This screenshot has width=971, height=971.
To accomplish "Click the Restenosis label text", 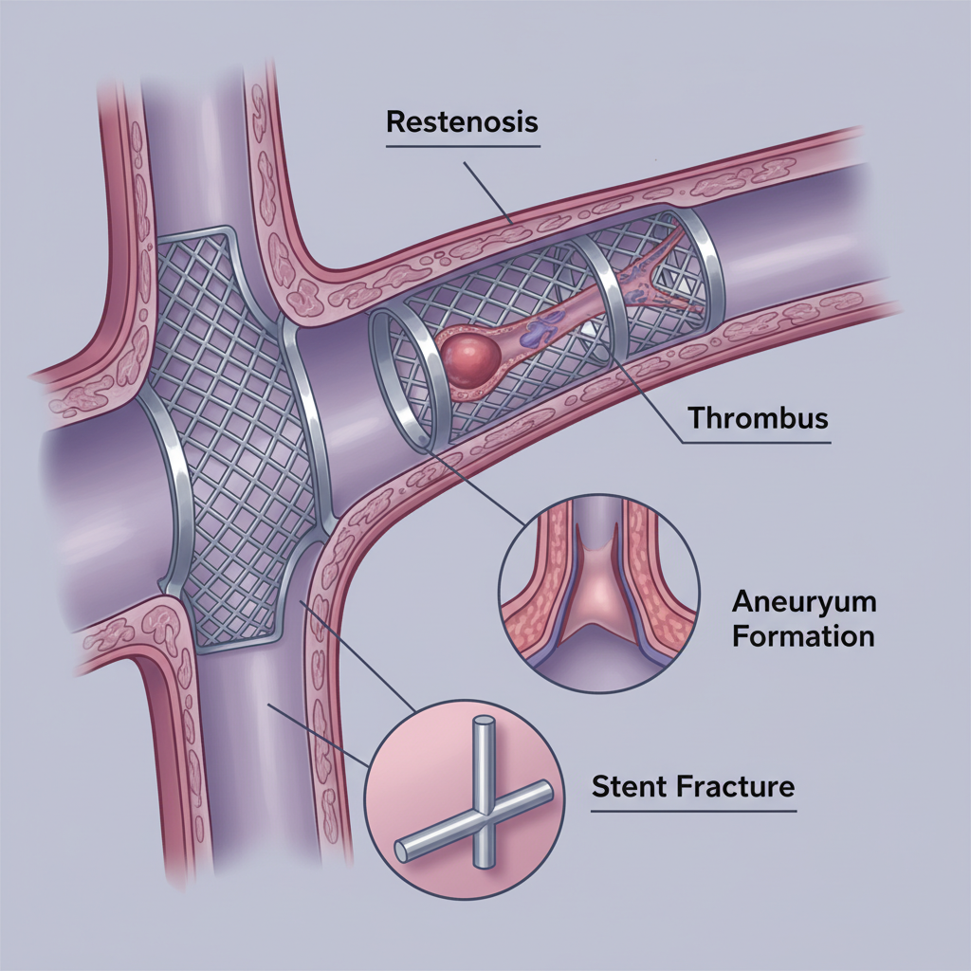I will point(462,122).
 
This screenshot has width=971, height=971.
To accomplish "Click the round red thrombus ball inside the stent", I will point(470,359).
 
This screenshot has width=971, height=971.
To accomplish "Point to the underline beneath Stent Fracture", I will point(693,811).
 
